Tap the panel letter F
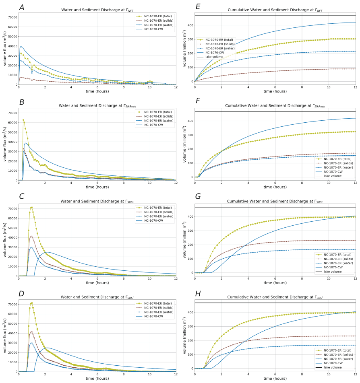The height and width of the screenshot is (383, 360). [x=198, y=103]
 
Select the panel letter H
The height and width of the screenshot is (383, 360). [x=198, y=294]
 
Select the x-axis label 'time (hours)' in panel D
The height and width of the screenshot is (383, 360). [x=97, y=379]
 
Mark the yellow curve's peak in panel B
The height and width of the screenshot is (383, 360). [x=23, y=120]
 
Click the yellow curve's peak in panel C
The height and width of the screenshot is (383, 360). [x=31, y=207]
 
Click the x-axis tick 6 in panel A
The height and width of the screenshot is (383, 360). [x=97, y=87]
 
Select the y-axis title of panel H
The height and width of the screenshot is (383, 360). [x=185, y=336]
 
